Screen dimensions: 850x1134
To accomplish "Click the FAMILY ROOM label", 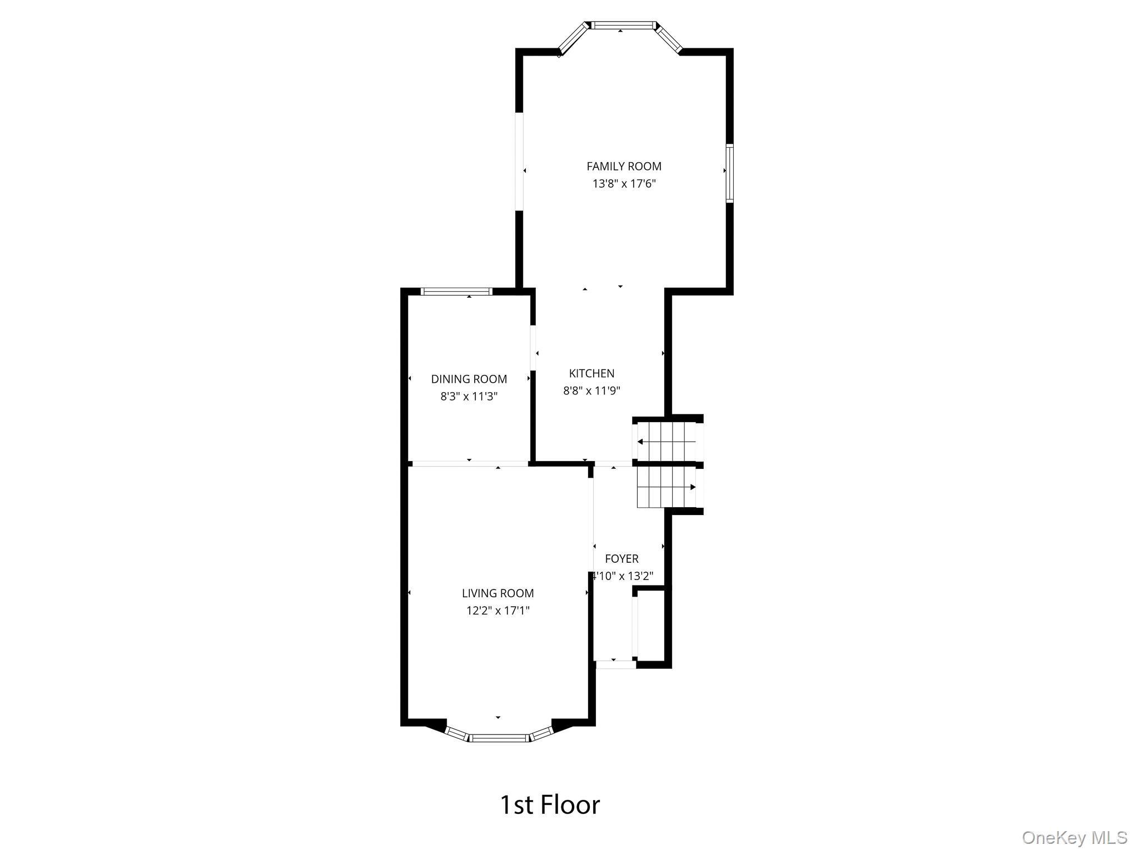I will pyautogui.click(x=624, y=166).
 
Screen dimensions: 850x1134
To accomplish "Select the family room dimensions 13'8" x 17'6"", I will pyautogui.click(x=624, y=184).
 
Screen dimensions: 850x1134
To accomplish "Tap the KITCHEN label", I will pyautogui.click(x=591, y=373).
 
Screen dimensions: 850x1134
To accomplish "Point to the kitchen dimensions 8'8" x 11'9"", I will pyautogui.click(x=591, y=391).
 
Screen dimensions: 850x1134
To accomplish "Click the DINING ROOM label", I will pyautogui.click(x=469, y=379).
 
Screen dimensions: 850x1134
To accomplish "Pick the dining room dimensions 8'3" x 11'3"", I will pyautogui.click(x=469, y=397).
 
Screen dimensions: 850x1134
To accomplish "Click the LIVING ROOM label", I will pyautogui.click(x=498, y=593).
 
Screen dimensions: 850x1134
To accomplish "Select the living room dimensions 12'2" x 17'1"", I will pyautogui.click(x=498, y=611).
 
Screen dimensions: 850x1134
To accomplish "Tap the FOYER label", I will pyautogui.click(x=621, y=559).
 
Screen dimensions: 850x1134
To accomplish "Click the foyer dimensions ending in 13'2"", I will pyautogui.click(x=623, y=576).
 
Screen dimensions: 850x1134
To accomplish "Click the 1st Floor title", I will pyautogui.click(x=550, y=805).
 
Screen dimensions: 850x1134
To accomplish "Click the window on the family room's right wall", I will pyautogui.click(x=729, y=173).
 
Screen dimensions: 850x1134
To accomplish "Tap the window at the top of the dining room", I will pyautogui.click(x=456, y=291).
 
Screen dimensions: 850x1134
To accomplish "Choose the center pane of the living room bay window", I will pyautogui.click(x=499, y=738).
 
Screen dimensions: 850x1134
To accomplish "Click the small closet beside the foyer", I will pyautogui.click(x=651, y=625).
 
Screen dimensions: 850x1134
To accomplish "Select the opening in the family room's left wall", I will pyautogui.click(x=519, y=162).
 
